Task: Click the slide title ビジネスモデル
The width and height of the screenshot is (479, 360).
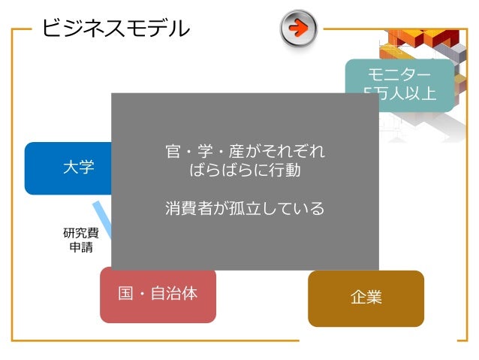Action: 115,29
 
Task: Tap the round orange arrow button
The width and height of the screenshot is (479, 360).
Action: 298,29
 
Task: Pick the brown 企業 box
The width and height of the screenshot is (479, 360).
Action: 366,298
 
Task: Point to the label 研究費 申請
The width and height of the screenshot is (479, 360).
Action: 80,239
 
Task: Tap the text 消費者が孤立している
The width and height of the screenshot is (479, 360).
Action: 245,208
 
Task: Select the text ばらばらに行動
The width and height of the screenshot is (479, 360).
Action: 245,170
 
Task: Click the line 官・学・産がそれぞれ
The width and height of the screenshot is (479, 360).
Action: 245,151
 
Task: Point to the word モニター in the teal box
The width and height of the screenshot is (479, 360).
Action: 399,75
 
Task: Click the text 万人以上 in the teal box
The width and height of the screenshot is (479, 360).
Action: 405,93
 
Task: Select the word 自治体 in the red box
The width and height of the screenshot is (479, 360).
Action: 174,293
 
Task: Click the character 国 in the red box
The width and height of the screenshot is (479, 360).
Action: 126,293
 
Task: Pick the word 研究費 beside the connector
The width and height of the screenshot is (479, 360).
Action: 80,233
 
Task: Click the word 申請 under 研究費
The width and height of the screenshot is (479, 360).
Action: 80,247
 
